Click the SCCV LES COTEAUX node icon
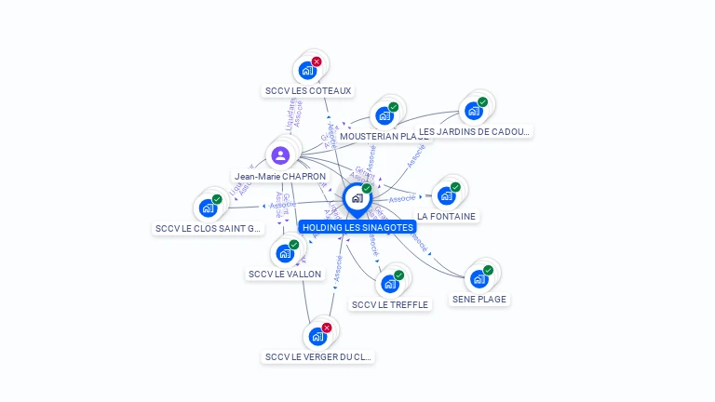[x=306, y=70]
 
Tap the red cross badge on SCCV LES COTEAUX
[x=317, y=61]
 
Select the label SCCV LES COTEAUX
[x=308, y=91]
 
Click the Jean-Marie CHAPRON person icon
[x=280, y=154]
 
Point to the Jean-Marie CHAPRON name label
[x=280, y=176]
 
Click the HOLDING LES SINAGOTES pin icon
[x=357, y=198]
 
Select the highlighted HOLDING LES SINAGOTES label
[x=357, y=227]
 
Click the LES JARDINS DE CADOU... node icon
[x=473, y=111]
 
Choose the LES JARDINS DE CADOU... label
[x=474, y=132]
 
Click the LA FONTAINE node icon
[x=446, y=195]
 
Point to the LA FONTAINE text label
[x=447, y=217]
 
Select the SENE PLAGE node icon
[x=479, y=278]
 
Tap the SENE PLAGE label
[x=479, y=300]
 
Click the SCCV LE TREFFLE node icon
[x=389, y=283]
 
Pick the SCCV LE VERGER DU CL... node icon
[x=317, y=336]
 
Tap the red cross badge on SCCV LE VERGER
[x=327, y=328]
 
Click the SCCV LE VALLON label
[x=285, y=275]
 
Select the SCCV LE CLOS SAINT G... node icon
[x=208, y=208]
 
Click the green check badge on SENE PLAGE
[x=488, y=270]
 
